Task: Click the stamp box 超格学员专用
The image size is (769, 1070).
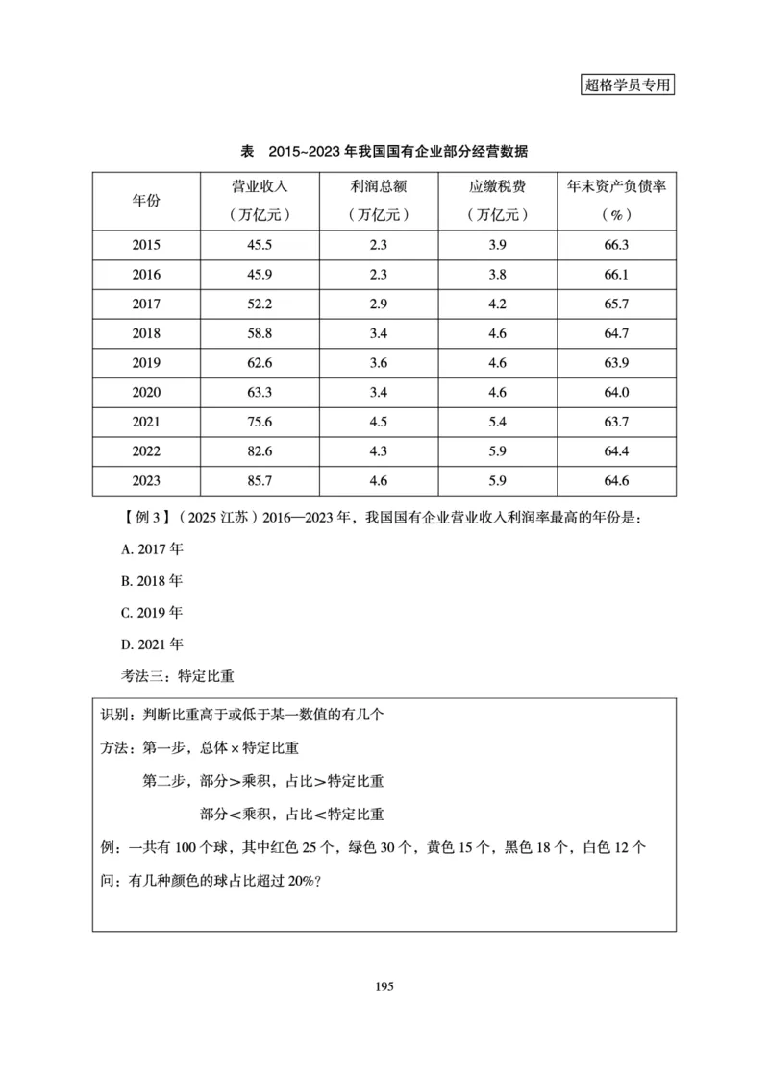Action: point(629,84)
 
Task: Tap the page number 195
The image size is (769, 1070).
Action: point(384,986)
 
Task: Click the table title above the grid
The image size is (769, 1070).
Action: point(384,152)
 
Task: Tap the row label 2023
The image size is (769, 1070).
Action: point(146,482)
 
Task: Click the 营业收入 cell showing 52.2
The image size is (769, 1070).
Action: point(260,304)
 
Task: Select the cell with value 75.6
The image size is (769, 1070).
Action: point(260,423)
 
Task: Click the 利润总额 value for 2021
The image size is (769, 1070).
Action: point(378,423)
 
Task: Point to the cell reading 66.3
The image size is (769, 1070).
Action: point(616,244)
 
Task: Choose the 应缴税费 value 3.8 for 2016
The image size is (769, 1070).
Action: point(497,274)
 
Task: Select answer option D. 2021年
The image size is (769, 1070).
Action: point(152,644)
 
